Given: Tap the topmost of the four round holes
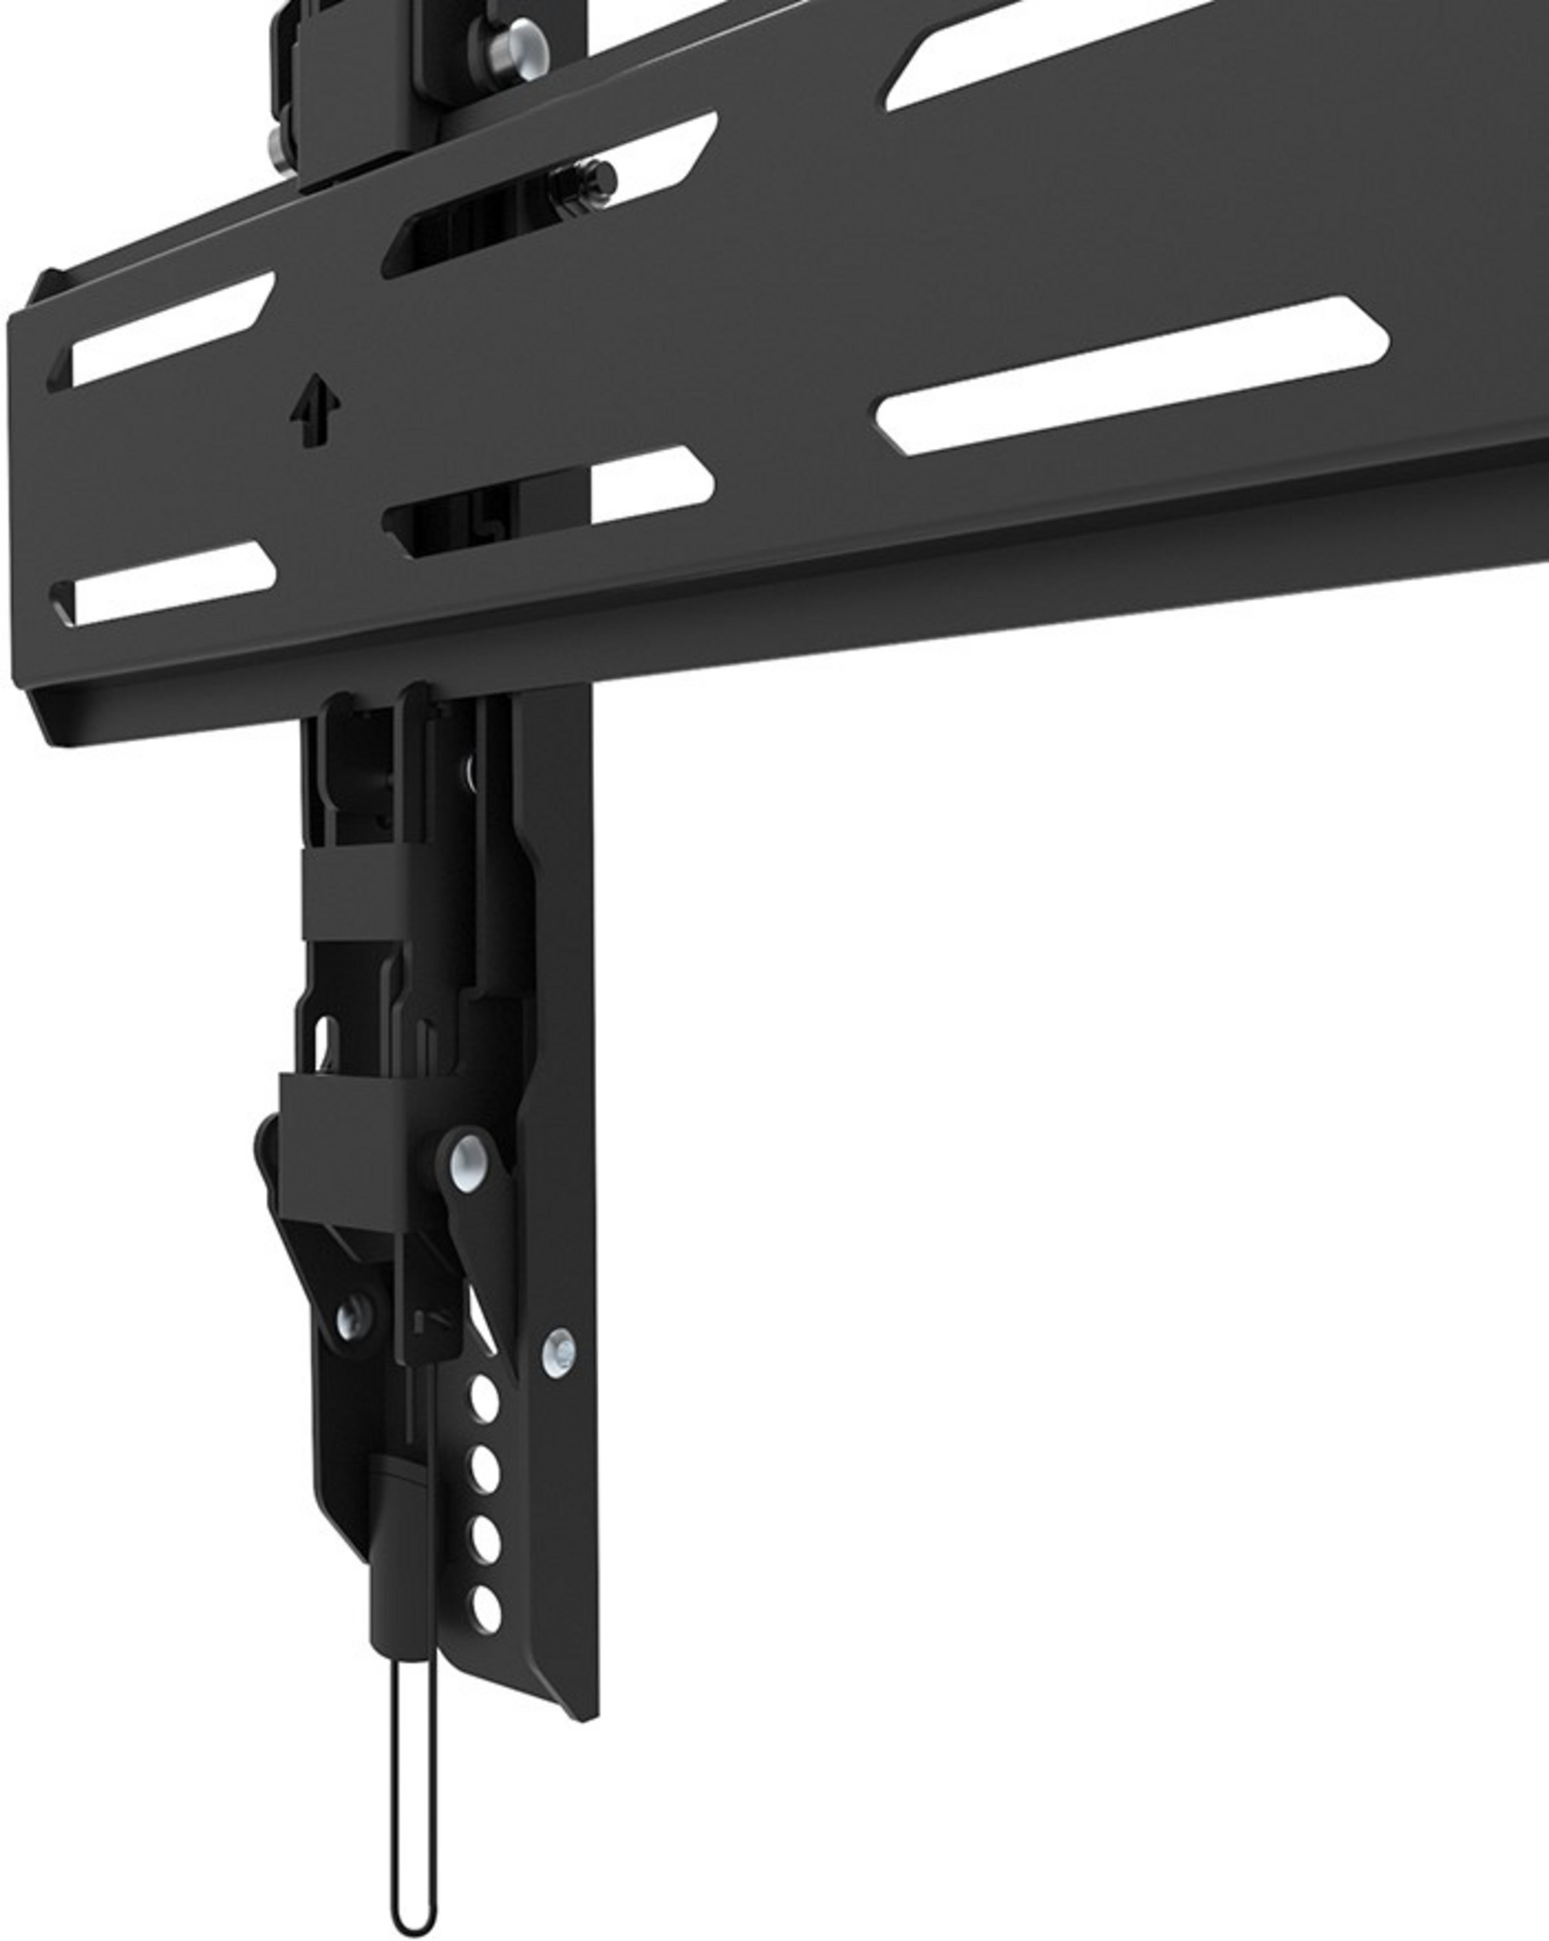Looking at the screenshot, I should point(484,1400).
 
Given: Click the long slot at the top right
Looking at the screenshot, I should point(1063,54).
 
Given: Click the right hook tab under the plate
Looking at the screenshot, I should point(416,711).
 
